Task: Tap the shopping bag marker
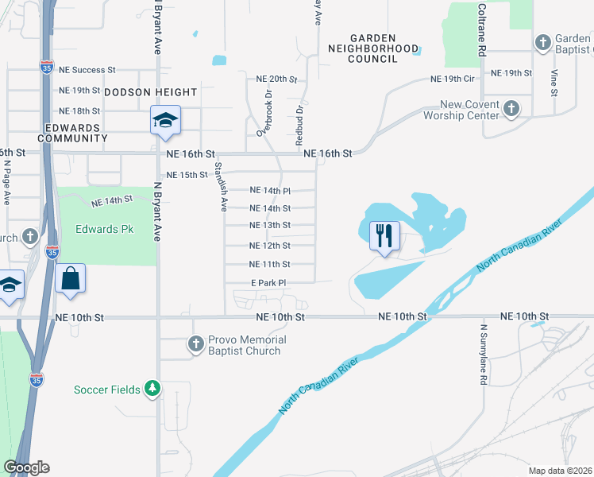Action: [x=71, y=278]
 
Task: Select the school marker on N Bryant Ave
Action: [x=166, y=120]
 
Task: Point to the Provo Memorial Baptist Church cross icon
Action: [x=196, y=344]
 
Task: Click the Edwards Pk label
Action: [x=105, y=230]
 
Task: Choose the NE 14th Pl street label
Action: [x=270, y=191]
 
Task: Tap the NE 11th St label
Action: [x=270, y=264]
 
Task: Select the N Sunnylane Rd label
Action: [x=483, y=354]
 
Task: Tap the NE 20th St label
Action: [x=276, y=79]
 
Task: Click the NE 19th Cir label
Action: [x=452, y=79]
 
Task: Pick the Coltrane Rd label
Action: [x=482, y=29]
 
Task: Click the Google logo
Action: [x=26, y=467]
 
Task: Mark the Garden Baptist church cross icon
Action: [x=543, y=42]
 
